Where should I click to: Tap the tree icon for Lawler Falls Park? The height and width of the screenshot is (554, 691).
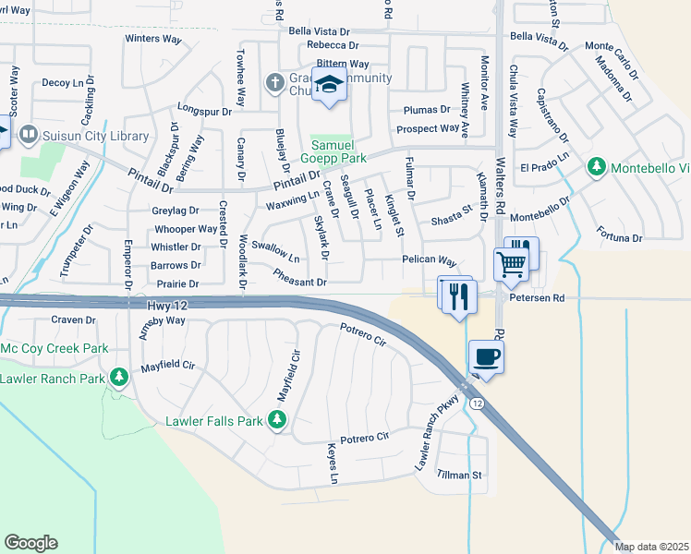[x=277, y=421]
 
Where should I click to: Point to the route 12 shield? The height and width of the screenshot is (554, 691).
[x=475, y=403]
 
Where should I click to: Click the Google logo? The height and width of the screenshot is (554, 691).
[x=30, y=542]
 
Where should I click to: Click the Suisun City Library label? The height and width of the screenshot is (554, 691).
[x=94, y=137]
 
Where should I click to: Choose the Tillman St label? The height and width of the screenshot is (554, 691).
[x=459, y=476]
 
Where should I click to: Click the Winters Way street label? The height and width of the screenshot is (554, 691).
[x=153, y=39]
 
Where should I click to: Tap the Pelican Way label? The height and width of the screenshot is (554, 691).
[x=429, y=260]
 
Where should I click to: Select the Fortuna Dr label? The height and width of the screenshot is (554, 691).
[x=619, y=238]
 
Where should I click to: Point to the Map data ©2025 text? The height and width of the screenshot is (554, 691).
[x=651, y=547]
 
